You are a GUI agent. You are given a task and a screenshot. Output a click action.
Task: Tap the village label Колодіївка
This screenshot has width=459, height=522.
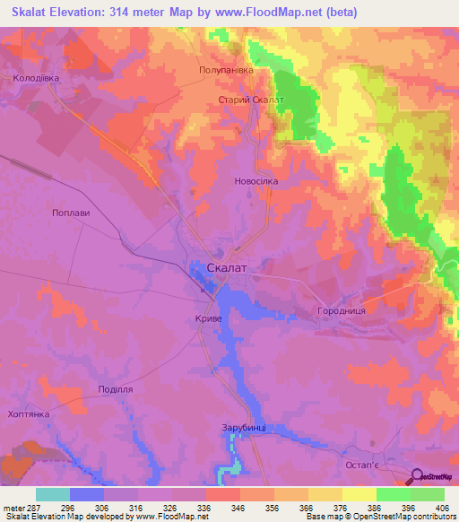pos(36,78)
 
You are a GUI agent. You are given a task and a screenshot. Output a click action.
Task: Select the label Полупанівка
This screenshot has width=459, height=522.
pos(226,69)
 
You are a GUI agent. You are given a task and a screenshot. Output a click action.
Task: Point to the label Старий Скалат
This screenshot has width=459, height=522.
pos(252,100)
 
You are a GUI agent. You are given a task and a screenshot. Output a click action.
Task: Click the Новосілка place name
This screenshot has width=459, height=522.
pos(256,180)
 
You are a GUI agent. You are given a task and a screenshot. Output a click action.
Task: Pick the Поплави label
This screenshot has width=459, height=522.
pos(73,213)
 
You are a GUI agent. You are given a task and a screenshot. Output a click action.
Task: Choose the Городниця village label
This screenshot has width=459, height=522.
pos(341,311)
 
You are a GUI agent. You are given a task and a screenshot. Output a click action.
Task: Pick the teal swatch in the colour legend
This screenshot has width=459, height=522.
pos(52,494)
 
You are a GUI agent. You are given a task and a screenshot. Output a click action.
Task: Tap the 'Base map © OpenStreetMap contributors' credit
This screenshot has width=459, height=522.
pos(380,517)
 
